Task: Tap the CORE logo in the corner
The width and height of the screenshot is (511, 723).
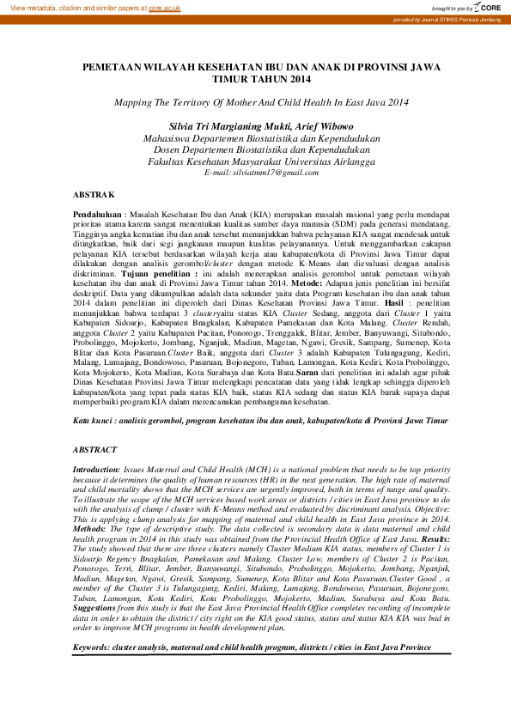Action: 487,8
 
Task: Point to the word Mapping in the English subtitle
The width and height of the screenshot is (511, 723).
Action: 132,101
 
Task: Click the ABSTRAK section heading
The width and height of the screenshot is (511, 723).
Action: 94,196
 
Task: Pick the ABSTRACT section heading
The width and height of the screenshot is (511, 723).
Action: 94,449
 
